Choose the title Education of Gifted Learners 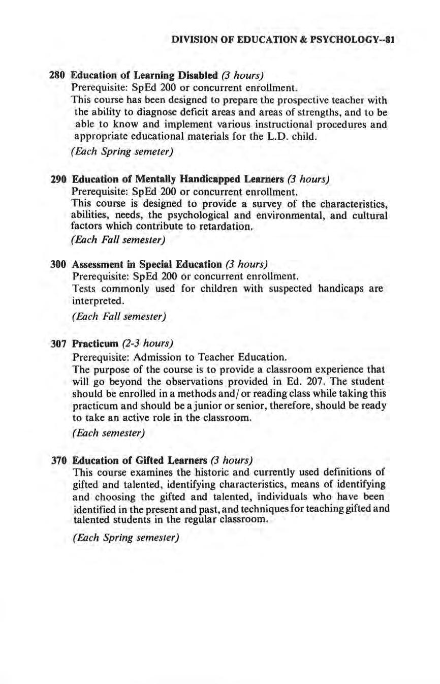tap(140, 460)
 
